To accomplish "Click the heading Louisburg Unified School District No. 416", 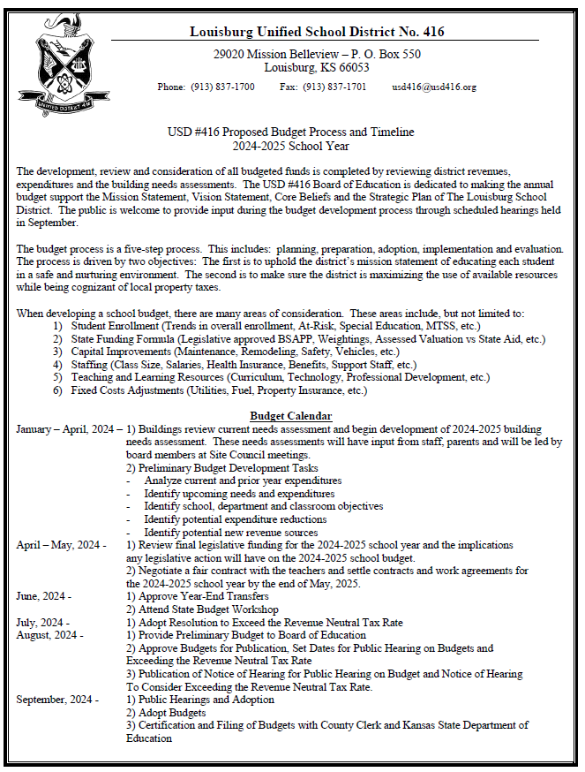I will (317, 32).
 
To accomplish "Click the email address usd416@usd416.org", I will (434, 87).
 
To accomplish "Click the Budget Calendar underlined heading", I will (290, 415).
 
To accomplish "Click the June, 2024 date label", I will (40, 596).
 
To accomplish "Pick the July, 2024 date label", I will (38, 622).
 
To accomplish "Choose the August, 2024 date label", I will (45, 635).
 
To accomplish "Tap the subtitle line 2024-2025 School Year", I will (291, 146).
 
